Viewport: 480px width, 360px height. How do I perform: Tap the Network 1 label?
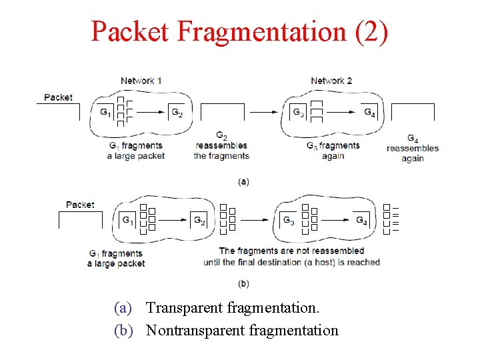(141, 81)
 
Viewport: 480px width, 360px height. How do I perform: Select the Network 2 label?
(331, 81)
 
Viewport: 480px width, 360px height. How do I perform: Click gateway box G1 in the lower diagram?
(129, 220)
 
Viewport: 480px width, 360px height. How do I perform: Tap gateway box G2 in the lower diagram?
(199, 220)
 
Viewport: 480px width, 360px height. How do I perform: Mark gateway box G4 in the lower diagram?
(361, 220)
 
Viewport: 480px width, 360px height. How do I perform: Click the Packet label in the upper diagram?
(58, 97)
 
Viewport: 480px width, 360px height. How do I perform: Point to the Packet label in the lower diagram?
(80, 205)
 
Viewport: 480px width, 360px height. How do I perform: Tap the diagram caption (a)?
(244, 181)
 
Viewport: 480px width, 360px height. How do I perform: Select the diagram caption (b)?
(244, 283)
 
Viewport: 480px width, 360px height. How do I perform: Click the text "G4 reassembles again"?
(413, 149)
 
